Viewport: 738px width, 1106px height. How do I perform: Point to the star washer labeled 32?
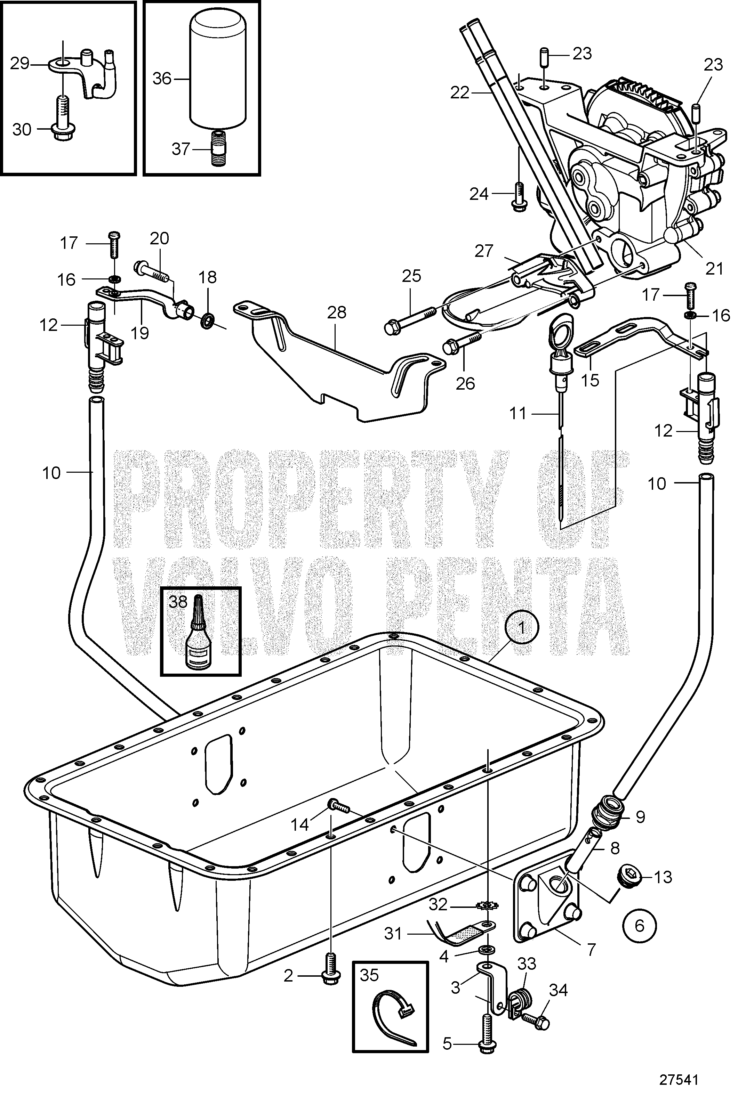[x=488, y=905]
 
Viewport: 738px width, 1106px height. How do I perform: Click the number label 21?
[x=714, y=269]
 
